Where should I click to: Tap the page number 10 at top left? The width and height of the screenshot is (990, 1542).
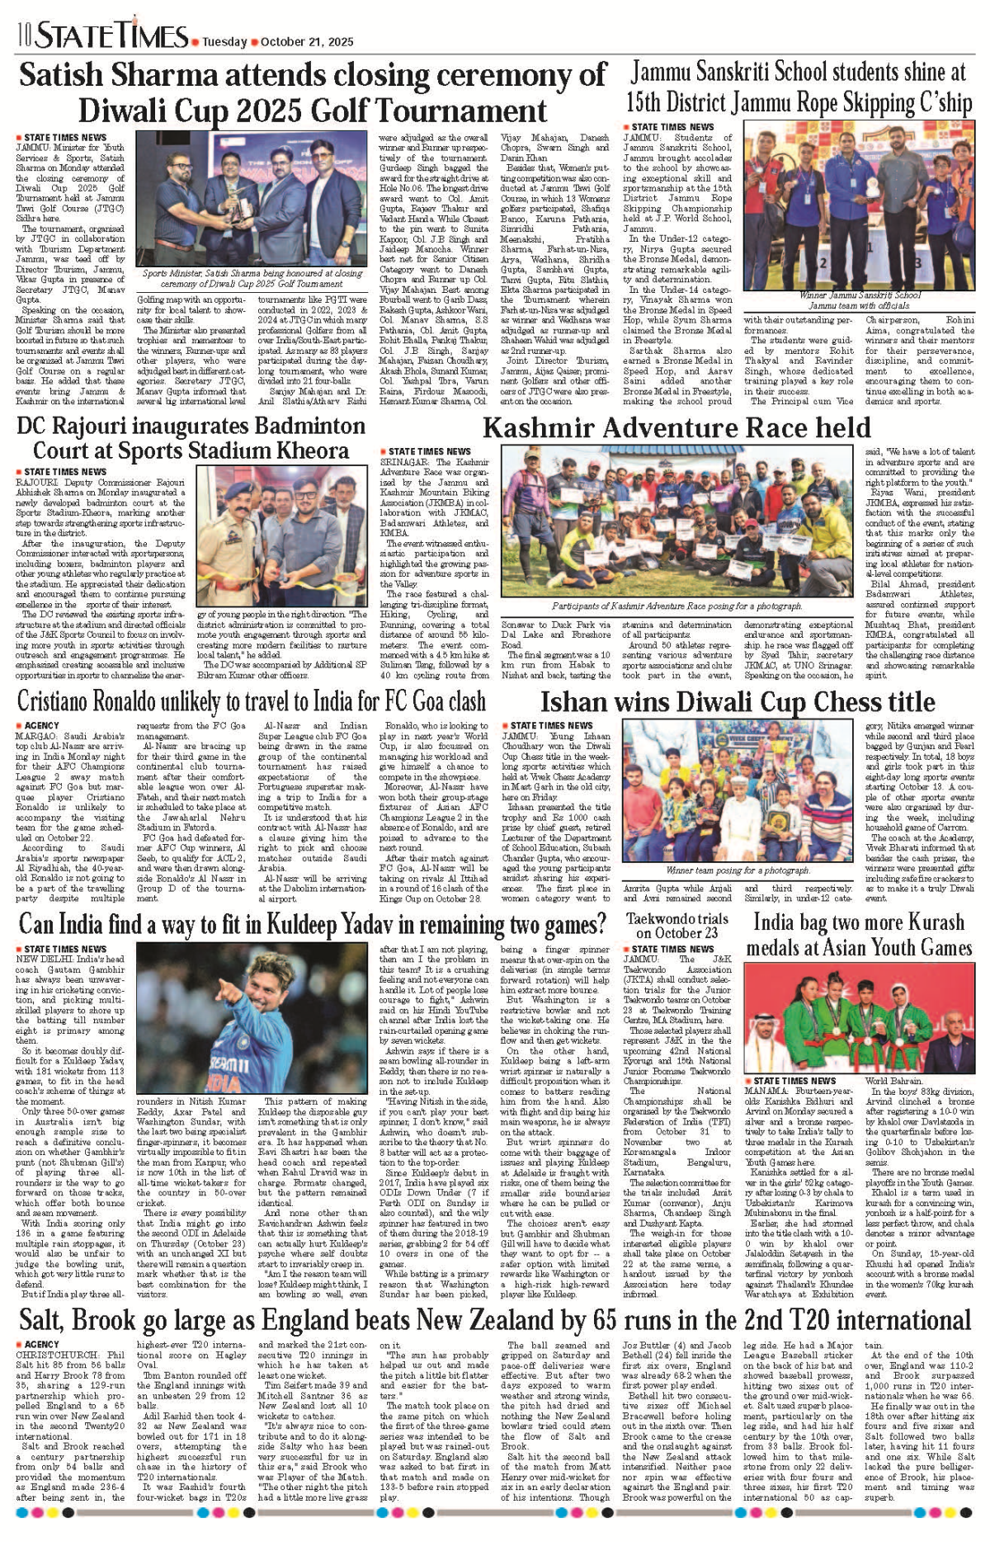tap(23, 36)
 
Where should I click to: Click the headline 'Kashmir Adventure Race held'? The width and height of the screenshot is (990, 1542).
tap(676, 427)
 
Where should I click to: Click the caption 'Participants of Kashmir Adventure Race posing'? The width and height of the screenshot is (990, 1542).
tap(676, 606)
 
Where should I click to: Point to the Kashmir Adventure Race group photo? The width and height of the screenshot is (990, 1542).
tap(676, 520)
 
